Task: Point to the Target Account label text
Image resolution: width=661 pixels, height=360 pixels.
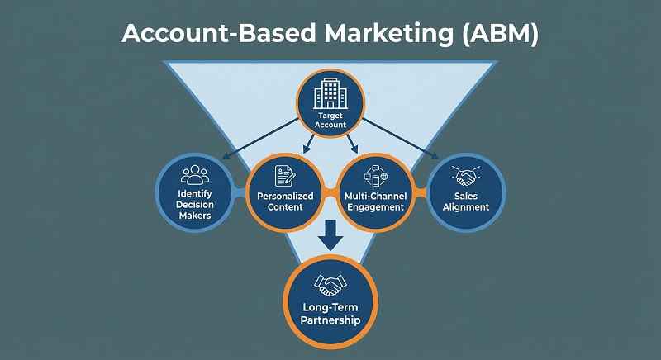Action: [330, 121]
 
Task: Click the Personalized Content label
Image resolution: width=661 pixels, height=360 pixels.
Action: [286, 202]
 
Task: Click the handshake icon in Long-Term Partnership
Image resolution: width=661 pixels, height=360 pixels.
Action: [330, 285]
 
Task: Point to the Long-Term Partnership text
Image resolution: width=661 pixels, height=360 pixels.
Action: [330, 315]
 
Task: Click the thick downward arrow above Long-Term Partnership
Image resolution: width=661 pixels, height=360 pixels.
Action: [330, 235]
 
